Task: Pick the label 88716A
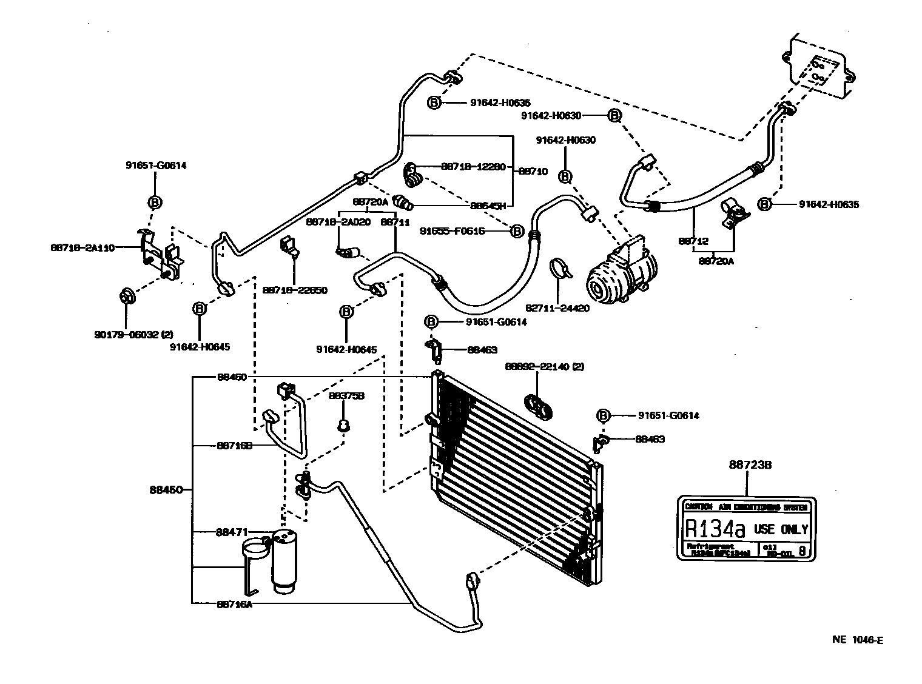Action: point(234,604)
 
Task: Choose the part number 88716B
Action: point(234,446)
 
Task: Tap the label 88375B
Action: point(346,396)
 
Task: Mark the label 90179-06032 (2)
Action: point(133,334)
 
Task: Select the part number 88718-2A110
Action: point(82,247)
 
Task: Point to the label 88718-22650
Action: point(295,290)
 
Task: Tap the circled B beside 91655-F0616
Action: point(517,231)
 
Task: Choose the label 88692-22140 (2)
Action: point(544,366)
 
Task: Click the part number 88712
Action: point(693,241)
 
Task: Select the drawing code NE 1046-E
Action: point(857,639)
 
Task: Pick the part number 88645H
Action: point(488,206)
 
